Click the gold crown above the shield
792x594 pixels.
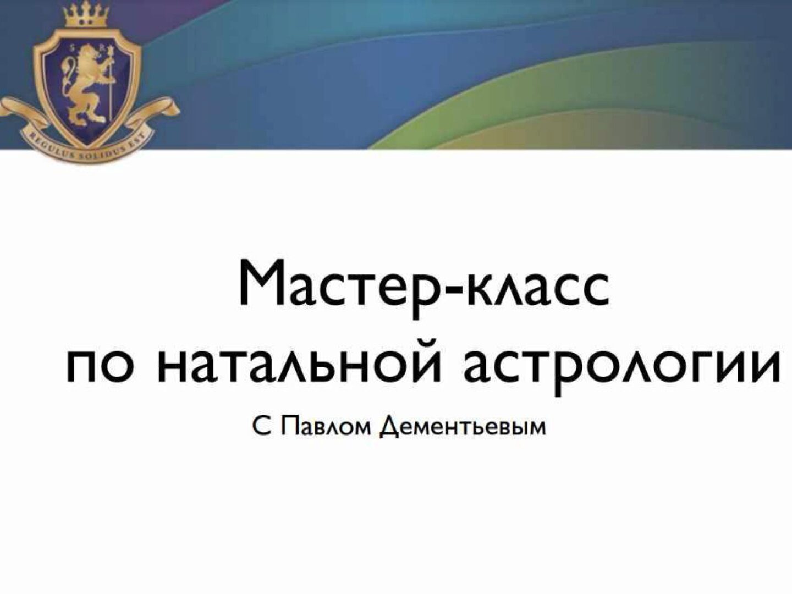click(85, 14)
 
